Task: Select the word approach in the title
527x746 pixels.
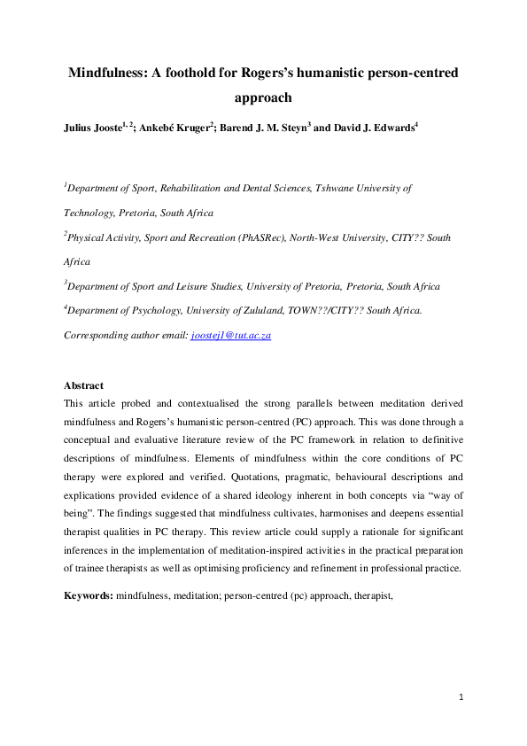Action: tap(263, 98)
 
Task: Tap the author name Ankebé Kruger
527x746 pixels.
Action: tap(188, 128)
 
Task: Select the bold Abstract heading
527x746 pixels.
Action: tap(84, 385)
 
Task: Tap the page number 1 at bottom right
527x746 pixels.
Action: tap(461, 698)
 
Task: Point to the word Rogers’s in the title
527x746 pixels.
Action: tap(261, 73)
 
